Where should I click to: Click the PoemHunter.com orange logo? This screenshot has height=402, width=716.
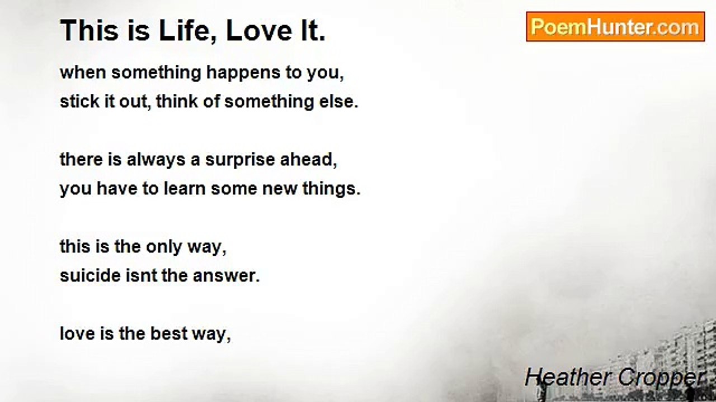[x=615, y=26]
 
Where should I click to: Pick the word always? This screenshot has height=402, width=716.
[x=156, y=160]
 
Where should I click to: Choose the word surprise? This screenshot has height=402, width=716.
[x=240, y=160]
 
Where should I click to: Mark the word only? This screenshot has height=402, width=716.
[x=164, y=247]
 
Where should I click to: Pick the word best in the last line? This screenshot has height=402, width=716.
[x=169, y=334]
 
